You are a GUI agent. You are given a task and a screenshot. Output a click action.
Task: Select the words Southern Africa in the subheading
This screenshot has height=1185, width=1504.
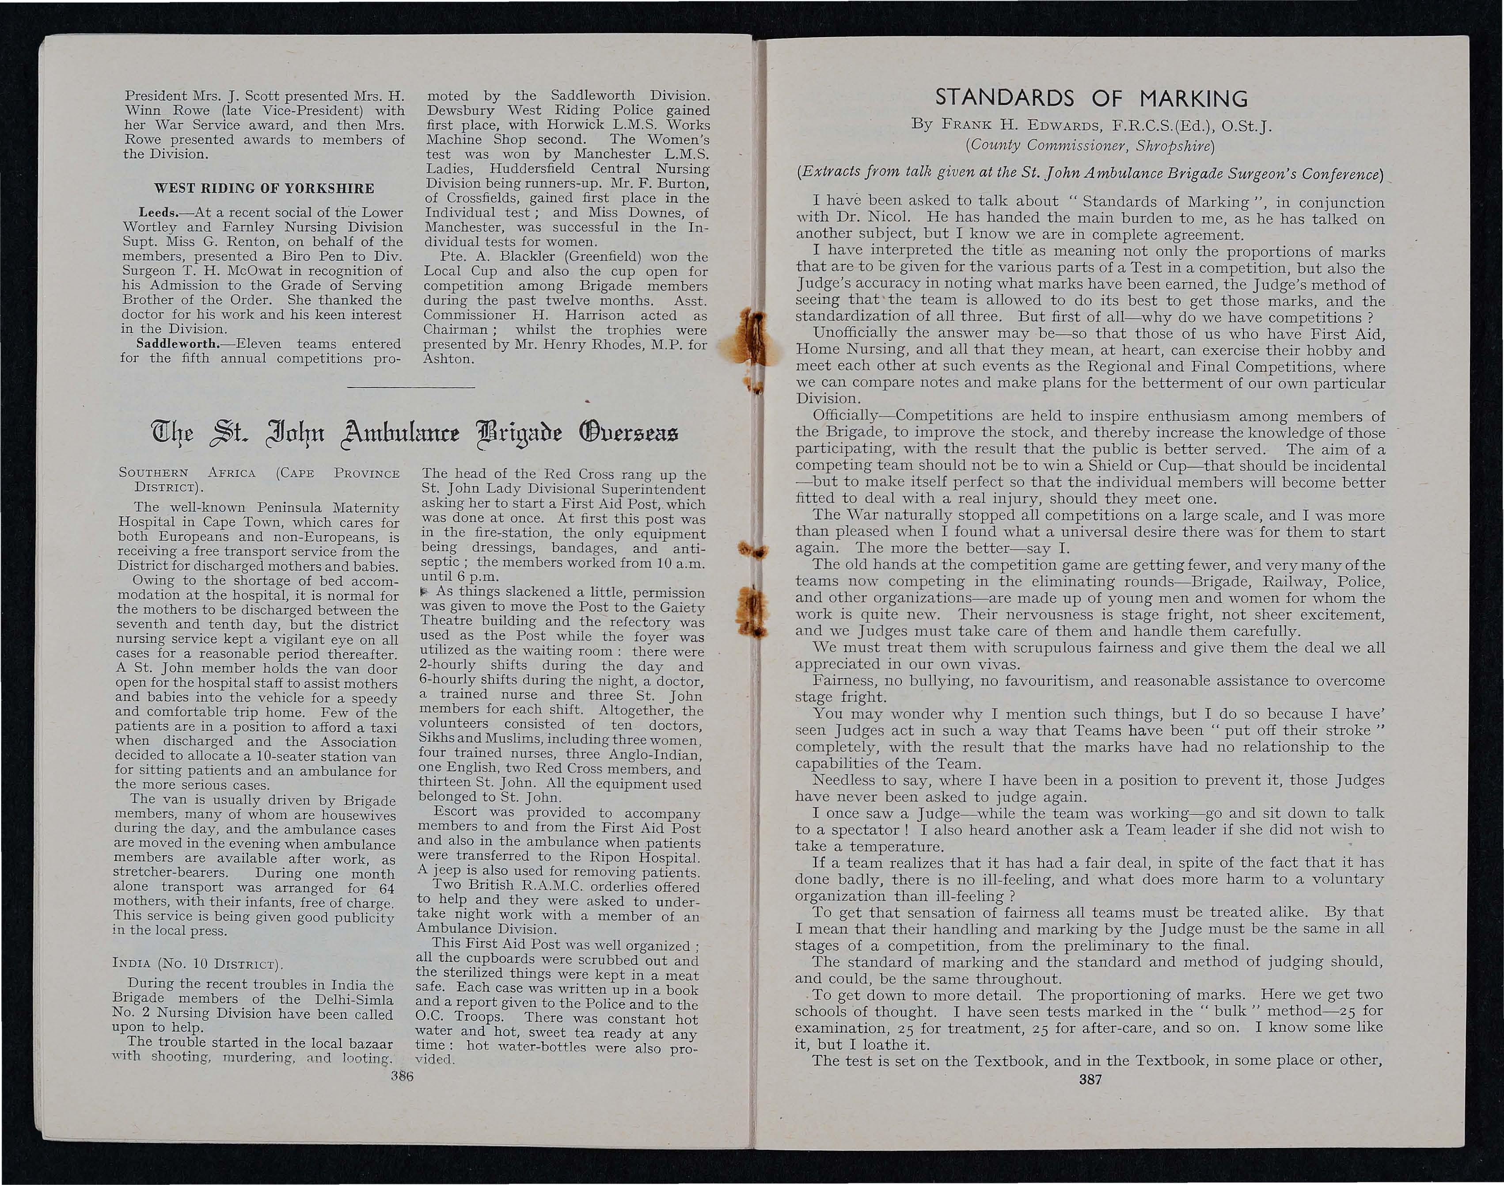[187, 474]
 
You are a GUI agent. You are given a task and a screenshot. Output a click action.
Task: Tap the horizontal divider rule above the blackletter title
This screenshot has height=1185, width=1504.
[410, 386]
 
